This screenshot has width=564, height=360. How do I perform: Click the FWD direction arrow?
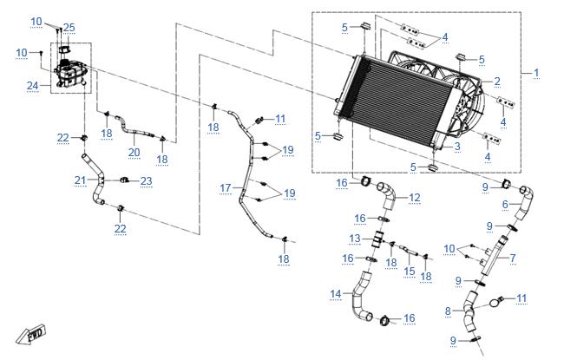click(31, 334)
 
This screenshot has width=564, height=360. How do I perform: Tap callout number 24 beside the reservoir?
click(33, 86)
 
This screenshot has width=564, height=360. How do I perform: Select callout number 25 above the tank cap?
click(69, 28)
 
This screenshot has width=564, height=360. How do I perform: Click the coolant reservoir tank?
click(71, 73)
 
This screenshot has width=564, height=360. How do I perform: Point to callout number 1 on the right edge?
click(536, 73)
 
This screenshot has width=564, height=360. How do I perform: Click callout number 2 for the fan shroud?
click(497, 82)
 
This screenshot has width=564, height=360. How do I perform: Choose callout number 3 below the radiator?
click(457, 147)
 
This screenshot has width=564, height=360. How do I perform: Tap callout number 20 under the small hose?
click(134, 153)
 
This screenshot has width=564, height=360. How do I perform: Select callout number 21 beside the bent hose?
click(80, 180)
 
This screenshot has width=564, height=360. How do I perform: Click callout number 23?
click(146, 181)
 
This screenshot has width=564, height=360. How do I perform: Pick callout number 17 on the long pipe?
click(226, 187)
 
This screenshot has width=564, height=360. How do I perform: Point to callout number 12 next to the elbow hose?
click(415, 198)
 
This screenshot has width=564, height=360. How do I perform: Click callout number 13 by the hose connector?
click(355, 239)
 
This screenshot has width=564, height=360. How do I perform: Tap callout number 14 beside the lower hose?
click(336, 294)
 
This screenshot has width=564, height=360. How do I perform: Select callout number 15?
click(410, 272)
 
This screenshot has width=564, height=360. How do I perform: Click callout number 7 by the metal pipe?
click(513, 258)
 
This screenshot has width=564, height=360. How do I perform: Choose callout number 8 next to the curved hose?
click(448, 311)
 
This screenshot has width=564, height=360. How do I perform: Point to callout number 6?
click(505, 204)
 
